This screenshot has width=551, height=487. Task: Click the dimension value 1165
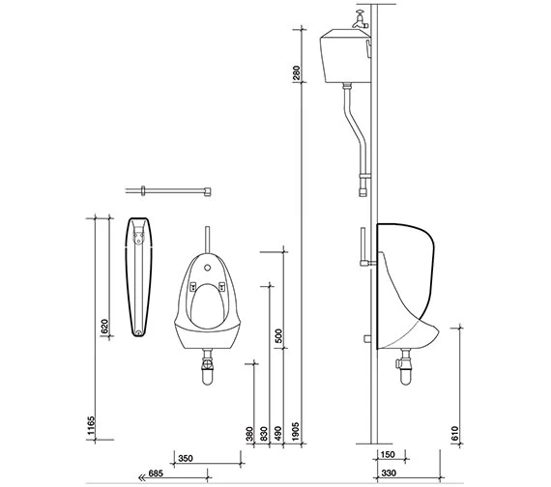[x=91, y=425]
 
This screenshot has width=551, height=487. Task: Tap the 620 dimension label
[x=104, y=326]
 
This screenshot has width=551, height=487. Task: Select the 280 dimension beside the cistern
[x=297, y=72]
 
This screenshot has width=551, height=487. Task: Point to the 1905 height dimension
[x=295, y=432]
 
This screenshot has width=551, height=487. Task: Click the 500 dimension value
[x=278, y=336]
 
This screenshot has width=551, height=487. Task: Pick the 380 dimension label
[x=249, y=434]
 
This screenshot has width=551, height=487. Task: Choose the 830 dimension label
[x=264, y=434]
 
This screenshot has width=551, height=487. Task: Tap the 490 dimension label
[x=278, y=434]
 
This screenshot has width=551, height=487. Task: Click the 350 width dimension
[x=186, y=459]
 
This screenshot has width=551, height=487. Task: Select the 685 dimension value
[x=156, y=473]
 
